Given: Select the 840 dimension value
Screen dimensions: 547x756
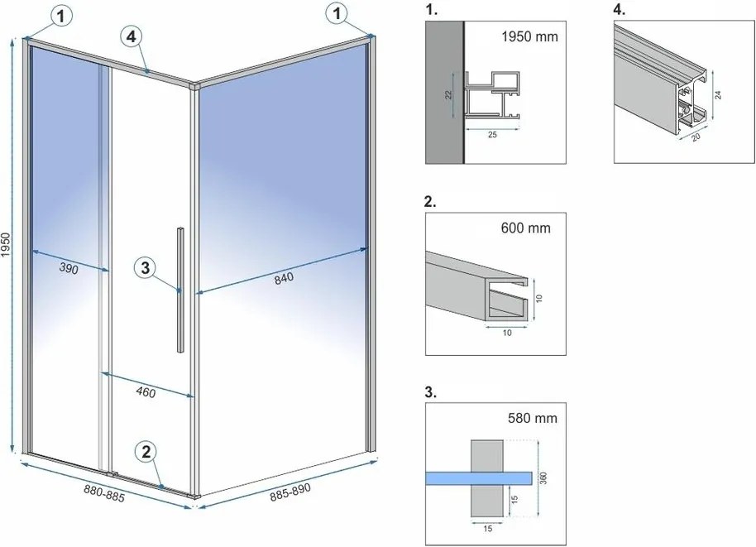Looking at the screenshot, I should pyautogui.click(x=284, y=279).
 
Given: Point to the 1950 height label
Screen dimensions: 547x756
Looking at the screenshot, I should pyautogui.click(x=7, y=247).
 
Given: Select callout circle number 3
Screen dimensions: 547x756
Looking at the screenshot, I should pyautogui.click(x=145, y=266).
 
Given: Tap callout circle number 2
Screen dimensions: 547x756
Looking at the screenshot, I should pyautogui.click(x=146, y=451).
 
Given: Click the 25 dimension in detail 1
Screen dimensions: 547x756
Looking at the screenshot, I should pyautogui.click(x=493, y=137).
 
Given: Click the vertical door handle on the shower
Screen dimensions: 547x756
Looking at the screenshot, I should pyautogui.click(x=179, y=290).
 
